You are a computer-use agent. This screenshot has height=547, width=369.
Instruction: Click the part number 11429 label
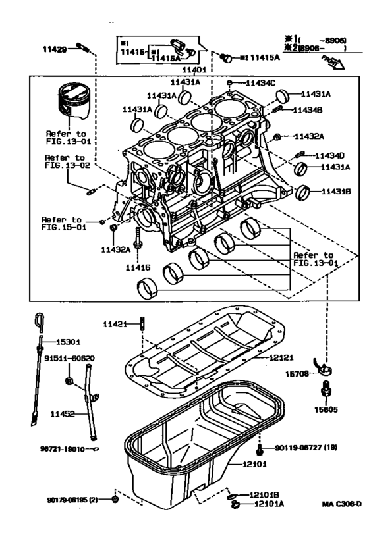click(56, 49)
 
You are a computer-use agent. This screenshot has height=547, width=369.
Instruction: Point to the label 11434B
click(307, 110)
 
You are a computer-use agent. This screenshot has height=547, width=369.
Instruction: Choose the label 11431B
click(336, 192)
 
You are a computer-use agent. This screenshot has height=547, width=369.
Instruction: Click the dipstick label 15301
click(68, 342)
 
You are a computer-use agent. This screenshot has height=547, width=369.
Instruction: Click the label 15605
click(325, 409)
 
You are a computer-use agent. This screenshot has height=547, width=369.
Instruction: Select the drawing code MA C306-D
click(341, 504)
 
